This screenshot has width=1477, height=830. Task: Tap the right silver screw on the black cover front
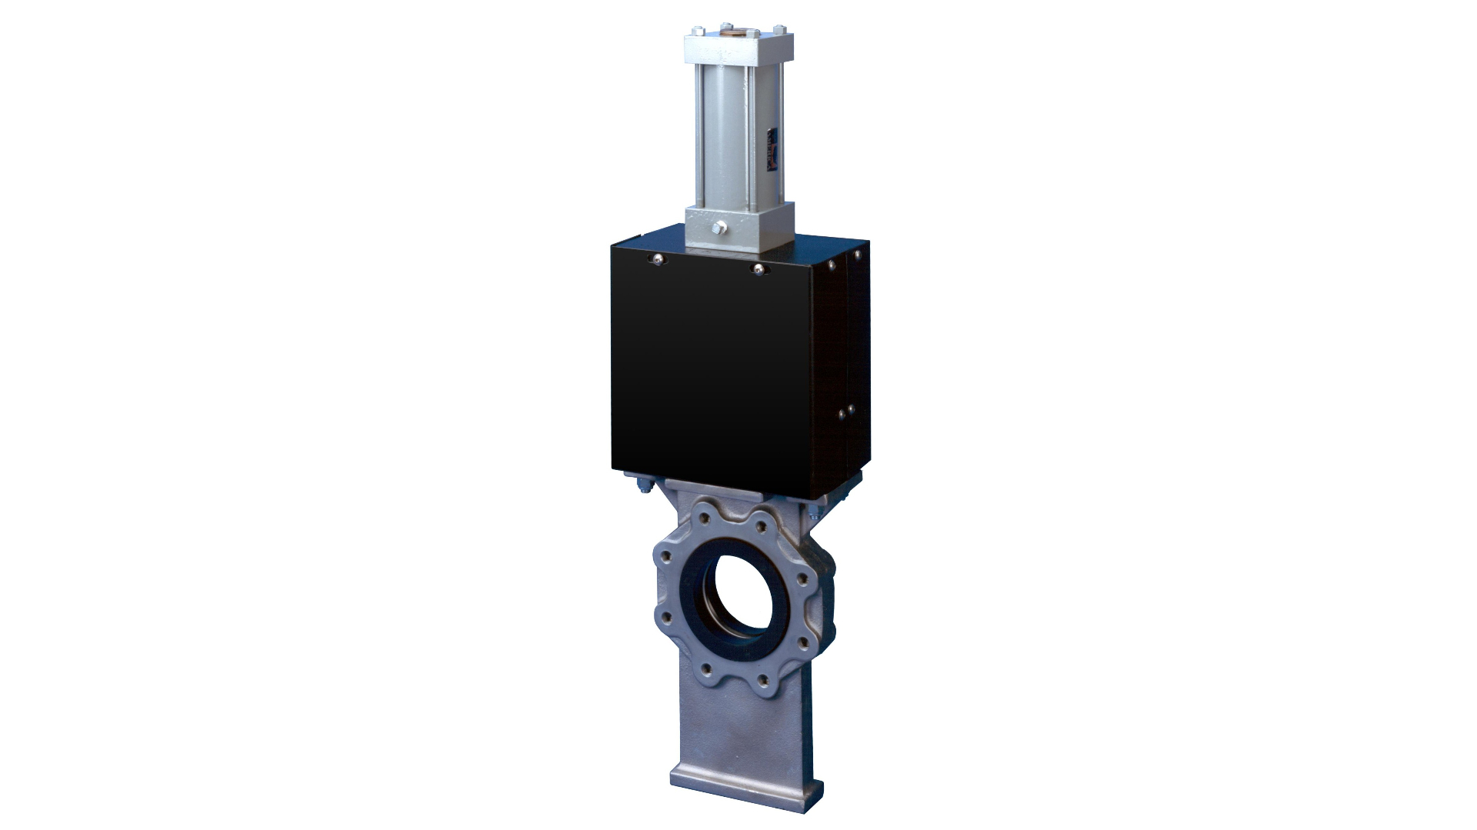(759, 268)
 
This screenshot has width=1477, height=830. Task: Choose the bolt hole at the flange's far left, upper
(666, 554)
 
